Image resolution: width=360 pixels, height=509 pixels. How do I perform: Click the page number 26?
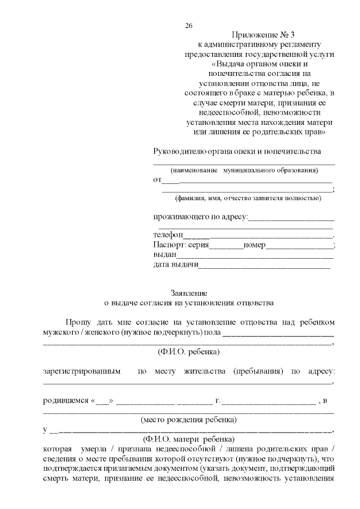(188, 26)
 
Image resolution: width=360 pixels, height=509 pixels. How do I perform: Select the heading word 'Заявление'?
(189, 292)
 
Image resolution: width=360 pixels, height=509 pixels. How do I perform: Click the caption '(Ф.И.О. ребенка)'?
(188, 352)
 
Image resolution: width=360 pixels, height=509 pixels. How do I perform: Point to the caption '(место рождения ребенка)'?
(188, 420)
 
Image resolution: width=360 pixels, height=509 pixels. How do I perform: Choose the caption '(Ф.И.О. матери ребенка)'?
(188, 439)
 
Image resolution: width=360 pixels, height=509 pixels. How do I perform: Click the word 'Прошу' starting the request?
(78, 322)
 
